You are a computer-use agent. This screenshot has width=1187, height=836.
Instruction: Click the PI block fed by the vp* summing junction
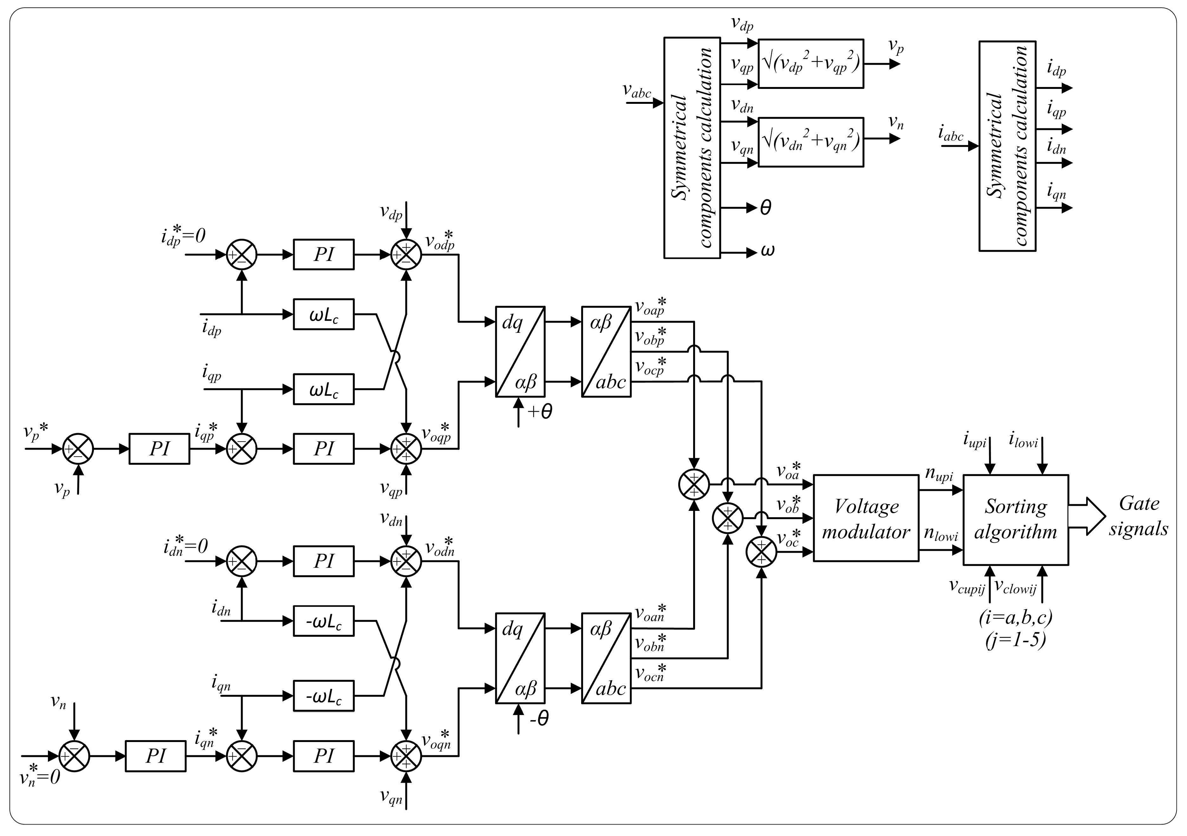click(159, 449)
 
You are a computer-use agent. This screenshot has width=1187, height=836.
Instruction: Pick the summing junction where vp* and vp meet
click(78, 449)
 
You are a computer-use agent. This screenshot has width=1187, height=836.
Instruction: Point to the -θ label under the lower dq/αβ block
click(539, 719)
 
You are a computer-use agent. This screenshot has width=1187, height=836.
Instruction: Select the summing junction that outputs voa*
click(694, 485)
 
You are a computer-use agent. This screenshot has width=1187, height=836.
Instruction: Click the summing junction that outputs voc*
click(762, 552)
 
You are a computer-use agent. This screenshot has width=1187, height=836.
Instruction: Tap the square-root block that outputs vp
click(811, 63)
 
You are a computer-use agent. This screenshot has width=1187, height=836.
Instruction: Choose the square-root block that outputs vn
click(811, 142)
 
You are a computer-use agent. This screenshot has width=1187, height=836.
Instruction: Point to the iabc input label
click(951, 134)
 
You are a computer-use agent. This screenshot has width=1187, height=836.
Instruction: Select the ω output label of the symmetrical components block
click(768, 251)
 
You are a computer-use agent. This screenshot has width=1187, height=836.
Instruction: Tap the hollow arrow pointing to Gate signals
click(1087, 516)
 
